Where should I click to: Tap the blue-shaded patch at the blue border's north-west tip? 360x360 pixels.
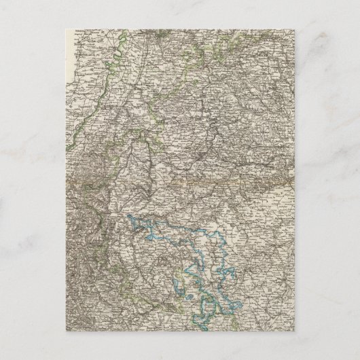132,219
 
